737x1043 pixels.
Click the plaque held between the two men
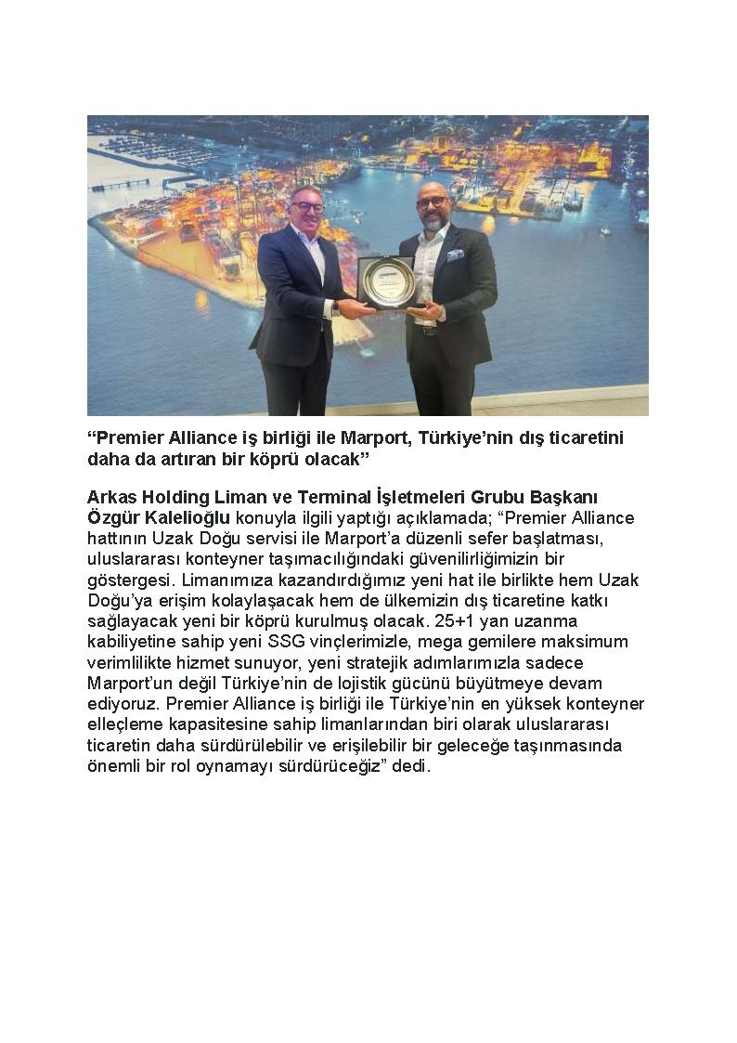click(386, 282)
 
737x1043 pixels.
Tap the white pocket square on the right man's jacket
click(455, 255)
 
